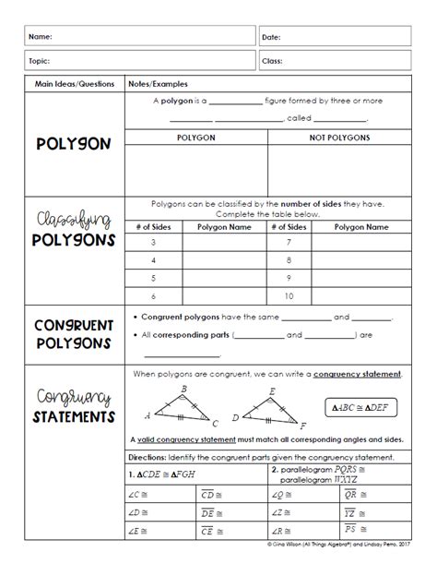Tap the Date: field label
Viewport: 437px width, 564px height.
coord(271,37)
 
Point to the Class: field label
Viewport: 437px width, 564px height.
coord(272,60)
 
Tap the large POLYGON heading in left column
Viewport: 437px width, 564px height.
coord(73,144)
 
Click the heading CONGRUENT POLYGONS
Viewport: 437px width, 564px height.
coord(73,335)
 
